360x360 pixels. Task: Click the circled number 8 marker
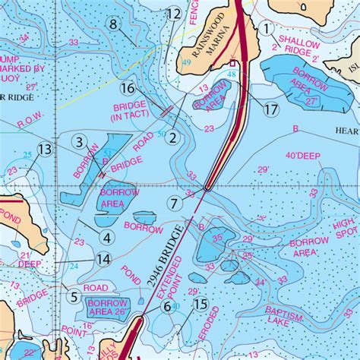coord(114,24)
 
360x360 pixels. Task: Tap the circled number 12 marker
coord(174,14)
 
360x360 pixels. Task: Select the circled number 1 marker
coord(267,28)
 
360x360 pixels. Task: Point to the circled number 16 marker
coord(127,89)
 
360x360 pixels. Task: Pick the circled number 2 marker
coord(173,137)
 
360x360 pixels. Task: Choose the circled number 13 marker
coord(46,150)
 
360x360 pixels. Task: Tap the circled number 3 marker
coord(78,141)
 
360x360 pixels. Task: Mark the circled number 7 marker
coord(174,204)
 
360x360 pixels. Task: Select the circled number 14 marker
coord(104,260)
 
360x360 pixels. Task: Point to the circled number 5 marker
coord(74,297)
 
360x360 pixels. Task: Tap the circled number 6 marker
coord(166,306)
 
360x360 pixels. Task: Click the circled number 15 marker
coord(201,305)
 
